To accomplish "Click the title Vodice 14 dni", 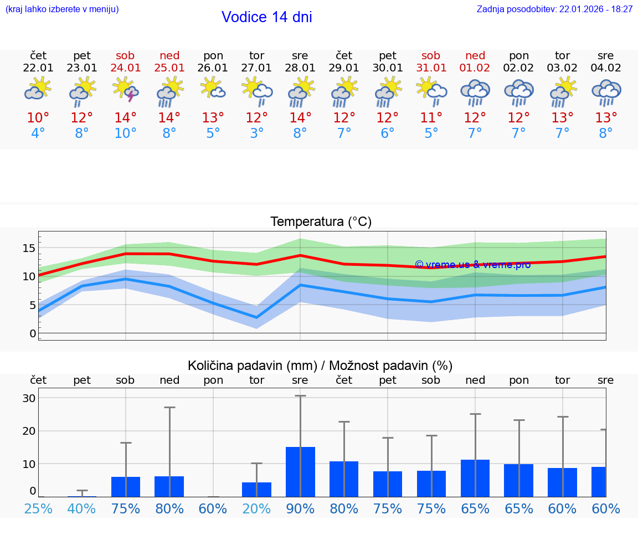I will click(266, 17).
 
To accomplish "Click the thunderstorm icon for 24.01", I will click(126, 90).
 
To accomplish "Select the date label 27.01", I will click(256, 68).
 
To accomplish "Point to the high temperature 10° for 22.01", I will click(38, 118).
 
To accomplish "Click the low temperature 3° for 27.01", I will click(256, 133).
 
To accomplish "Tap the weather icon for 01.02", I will click(475, 92).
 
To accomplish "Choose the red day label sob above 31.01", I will click(431, 55).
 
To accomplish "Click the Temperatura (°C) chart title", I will click(321, 222).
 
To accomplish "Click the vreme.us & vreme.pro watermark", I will click(472, 265).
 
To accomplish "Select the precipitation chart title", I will click(320, 366).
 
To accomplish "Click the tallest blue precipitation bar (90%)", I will click(300, 471).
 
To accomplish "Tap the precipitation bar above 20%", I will click(256, 490).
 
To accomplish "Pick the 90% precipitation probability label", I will click(300, 509).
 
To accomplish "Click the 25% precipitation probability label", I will click(38, 509).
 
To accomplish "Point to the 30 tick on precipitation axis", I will click(29, 398).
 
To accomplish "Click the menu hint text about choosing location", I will click(62, 9).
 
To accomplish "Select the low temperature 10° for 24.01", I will click(126, 133).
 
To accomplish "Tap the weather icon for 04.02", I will click(606, 92).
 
